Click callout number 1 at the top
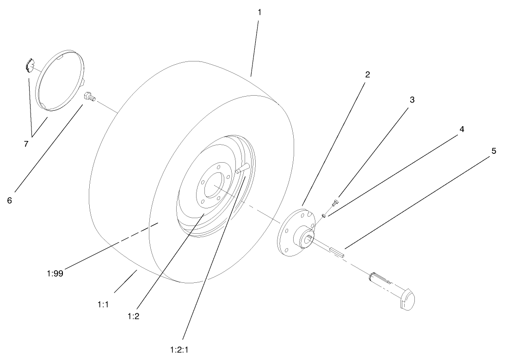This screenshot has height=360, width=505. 259,12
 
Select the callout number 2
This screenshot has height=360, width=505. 367,74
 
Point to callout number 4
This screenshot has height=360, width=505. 462,129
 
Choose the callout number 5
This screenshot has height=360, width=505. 493,151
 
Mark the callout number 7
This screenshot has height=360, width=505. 26,144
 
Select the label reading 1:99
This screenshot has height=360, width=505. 55,273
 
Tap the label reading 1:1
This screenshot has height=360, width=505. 103,304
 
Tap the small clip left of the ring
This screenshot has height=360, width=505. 30,65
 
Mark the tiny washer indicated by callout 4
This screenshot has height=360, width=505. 325,214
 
